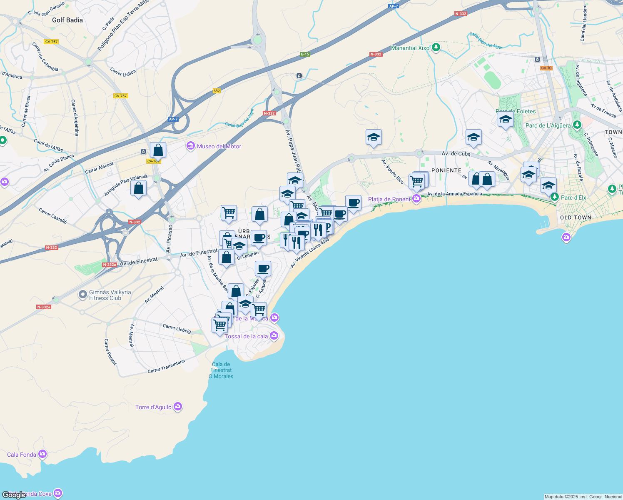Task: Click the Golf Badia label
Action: tap(67, 20)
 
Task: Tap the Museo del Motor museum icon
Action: tap(191, 146)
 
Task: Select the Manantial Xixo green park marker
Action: tap(436, 47)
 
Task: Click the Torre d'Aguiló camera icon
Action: tap(178, 407)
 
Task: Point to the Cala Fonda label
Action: tap(22, 455)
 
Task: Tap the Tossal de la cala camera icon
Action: tap(274, 335)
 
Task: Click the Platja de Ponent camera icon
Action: tap(416, 199)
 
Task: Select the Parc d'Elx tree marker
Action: tap(554, 197)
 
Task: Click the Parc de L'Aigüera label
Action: tap(548, 125)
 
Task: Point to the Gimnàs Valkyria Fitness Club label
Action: tap(110, 295)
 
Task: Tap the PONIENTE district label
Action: tap(446, 170)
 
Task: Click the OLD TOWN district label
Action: tap(576, 217)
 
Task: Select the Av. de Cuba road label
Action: tap(456, 154)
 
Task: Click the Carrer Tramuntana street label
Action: tap(166, 366)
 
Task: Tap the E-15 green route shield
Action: tap(305, 54)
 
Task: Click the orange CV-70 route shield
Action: tap(546, 68)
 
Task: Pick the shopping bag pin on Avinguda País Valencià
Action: tap(138, 188)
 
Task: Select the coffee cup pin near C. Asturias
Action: tap(263, 268)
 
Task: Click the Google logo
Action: tap(14, 495)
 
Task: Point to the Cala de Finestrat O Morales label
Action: tap(221, 370)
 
